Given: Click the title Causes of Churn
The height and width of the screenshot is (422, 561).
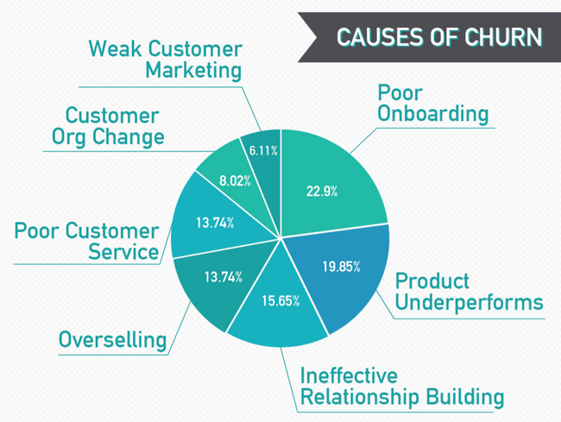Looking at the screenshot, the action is click(439, 37).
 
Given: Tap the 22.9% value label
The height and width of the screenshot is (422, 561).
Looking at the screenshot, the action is click(322, 192).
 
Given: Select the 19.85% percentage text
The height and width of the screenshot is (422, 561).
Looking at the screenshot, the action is click(341, 267).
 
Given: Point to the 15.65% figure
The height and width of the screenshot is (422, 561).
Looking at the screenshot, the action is click(280, 301).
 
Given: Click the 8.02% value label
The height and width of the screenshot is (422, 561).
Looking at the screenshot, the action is click(235, 181).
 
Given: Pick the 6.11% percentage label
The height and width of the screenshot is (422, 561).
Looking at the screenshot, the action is click(263, 150).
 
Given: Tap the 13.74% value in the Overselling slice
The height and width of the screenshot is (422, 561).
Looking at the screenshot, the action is click(224, 277).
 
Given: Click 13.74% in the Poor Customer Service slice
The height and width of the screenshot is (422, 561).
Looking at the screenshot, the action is click(215, 223).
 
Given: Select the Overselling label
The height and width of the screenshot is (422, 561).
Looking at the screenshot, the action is click(113, 339).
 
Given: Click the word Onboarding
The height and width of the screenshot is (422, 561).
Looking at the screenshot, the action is click(433, 114).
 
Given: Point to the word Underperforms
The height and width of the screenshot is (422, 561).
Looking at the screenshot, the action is click(469, 303).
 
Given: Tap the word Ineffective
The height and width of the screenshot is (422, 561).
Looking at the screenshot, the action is click(349, 375).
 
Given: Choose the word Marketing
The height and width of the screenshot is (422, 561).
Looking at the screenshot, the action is click(193, 70).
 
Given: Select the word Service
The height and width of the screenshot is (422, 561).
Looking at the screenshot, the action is click(123, 252).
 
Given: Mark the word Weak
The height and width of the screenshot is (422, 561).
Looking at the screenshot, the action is click(115, 48).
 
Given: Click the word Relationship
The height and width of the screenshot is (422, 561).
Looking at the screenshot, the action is click(360, 397).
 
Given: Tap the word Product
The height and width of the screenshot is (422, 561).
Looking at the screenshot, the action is click(432, 280).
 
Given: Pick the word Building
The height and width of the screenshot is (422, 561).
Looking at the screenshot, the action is click(464, 397).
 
